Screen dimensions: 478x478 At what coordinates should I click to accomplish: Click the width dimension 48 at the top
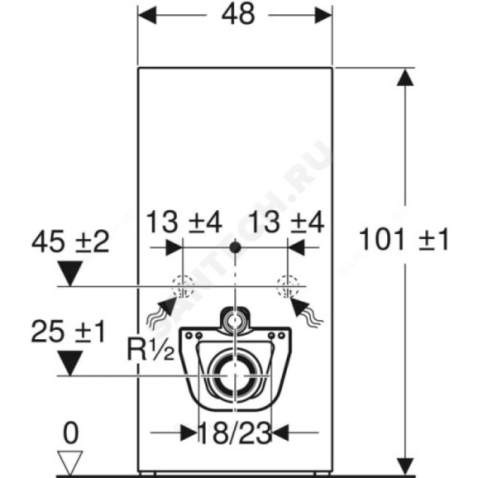point(238,14)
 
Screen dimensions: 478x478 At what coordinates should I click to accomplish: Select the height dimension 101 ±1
point(405,240)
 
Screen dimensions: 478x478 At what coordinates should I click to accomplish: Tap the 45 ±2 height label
point(70,242)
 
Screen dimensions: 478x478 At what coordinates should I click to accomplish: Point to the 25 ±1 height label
point(68,332)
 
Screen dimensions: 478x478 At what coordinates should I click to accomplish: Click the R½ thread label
point(151,350)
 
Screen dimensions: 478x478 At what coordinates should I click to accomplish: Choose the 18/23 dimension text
point(235,433)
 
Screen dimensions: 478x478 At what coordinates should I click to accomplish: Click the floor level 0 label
point(71,433)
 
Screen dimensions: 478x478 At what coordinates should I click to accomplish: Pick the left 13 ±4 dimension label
point(184,222)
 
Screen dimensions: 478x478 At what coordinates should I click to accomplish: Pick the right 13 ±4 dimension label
point(287,222)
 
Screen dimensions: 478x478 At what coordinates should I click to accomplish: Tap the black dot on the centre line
point(235,247)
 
